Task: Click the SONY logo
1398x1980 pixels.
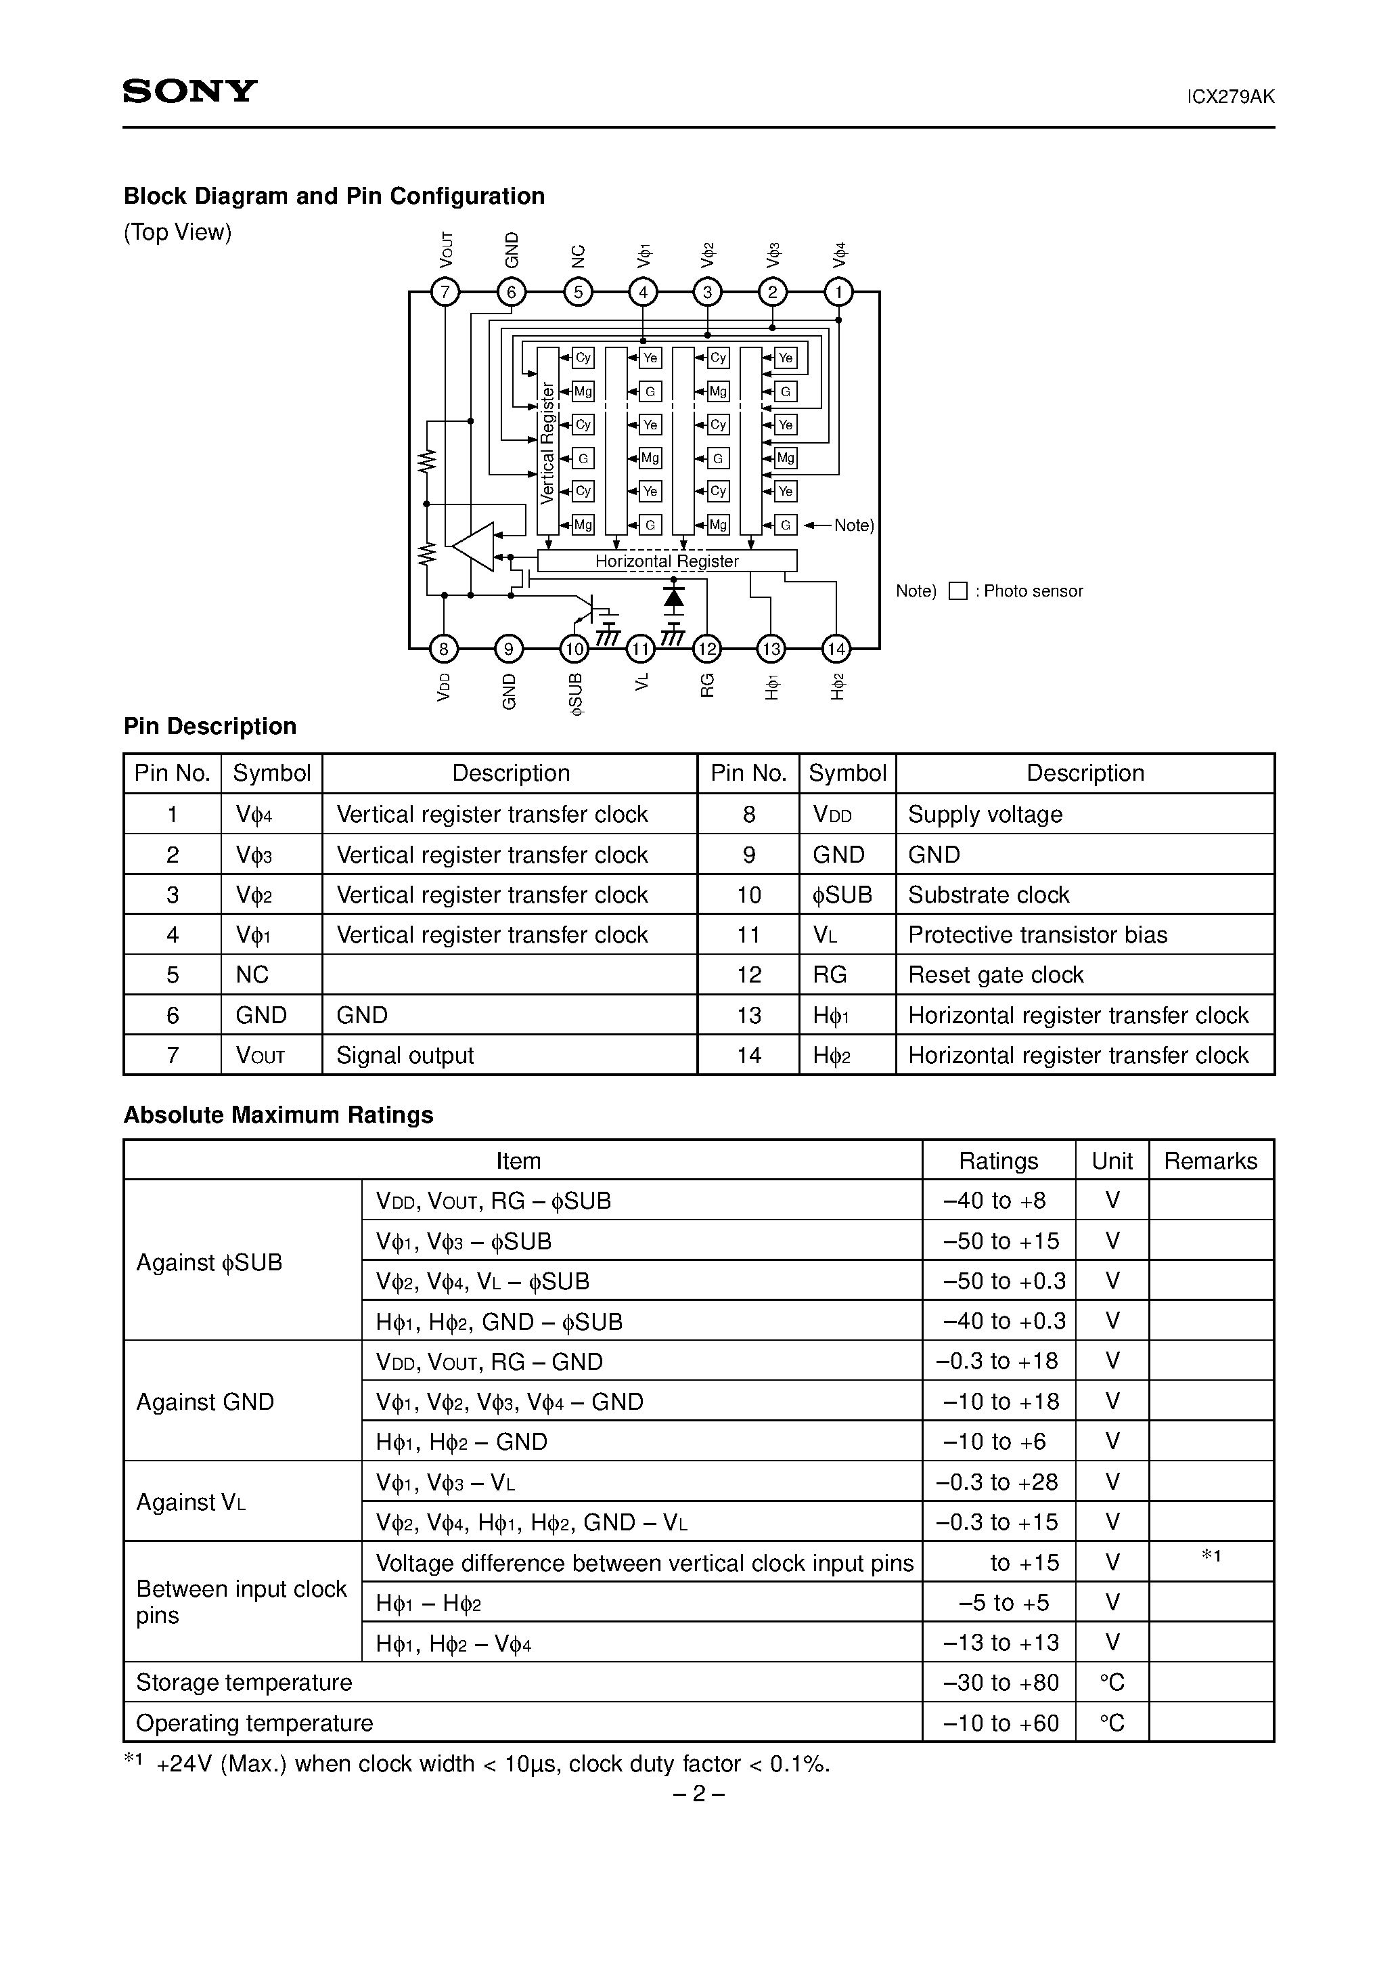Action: [x=189, y=91]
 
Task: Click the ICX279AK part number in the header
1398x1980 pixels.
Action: [x=1230, y=98]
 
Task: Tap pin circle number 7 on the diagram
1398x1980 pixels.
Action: [x=445, y=293]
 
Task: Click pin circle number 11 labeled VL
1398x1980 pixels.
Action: [x=639, y=649]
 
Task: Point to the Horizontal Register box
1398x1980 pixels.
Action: [x=667, y=561]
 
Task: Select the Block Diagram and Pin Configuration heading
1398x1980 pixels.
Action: [x=334, y=196]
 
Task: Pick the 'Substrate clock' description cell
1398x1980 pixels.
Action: [x=989, y=895]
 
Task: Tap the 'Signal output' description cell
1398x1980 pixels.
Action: [x=405, y=1056]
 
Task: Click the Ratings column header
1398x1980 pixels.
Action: [x=998, y=1161]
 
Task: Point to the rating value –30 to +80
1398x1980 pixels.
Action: [x=1000, y=1683]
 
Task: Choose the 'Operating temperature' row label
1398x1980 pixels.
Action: [x=255, y=1723]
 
